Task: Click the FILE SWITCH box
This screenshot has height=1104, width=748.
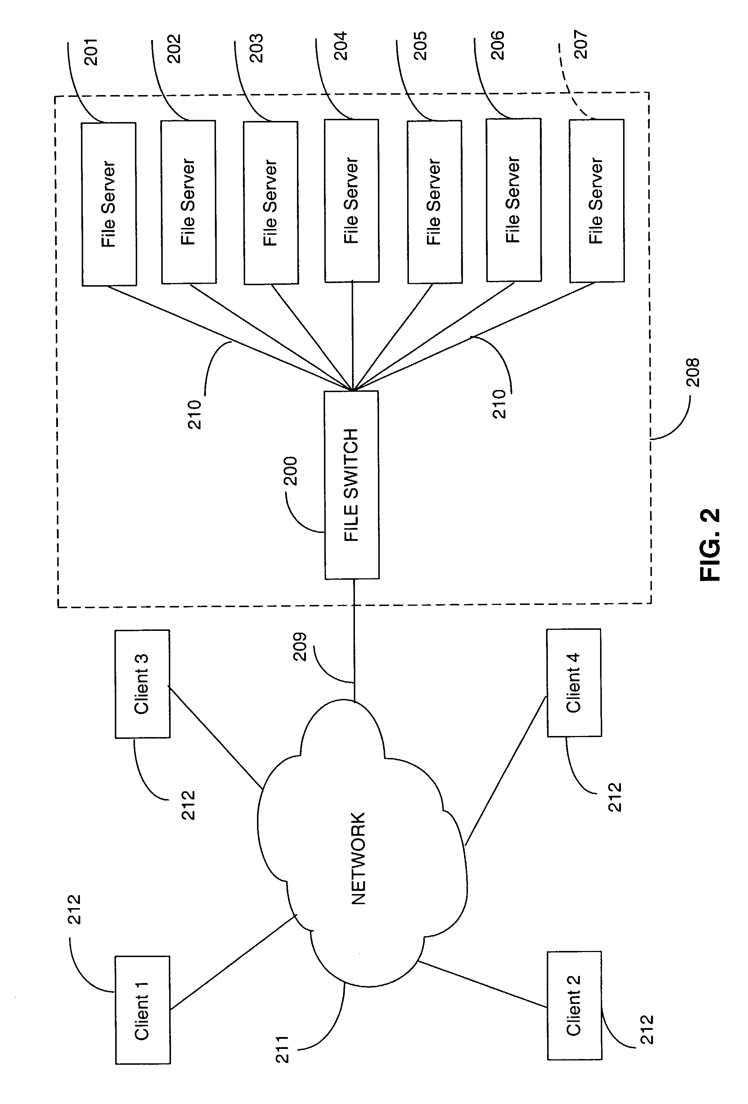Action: point(351,485)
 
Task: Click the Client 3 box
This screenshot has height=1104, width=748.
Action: point(142,684)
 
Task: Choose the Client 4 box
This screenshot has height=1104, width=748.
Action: point(574,683)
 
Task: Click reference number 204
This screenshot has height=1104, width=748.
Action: point(341,46)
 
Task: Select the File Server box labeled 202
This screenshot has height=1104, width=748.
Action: point(189,202)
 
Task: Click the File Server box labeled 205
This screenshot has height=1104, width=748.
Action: point(434,202)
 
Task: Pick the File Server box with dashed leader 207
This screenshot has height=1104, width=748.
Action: point(596,201)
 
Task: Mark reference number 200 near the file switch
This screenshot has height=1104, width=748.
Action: point(290,471)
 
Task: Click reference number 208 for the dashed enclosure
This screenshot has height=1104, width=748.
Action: point(693,372)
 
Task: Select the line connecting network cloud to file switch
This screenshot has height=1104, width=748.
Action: point(354,641)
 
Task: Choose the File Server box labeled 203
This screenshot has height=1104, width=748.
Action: point(271,203)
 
